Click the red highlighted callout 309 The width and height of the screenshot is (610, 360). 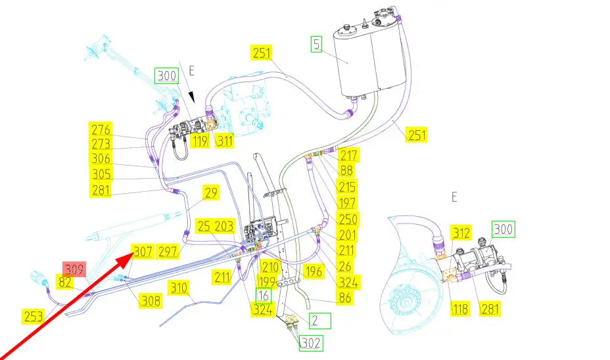tap(74, 268)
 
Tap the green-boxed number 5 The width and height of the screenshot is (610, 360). tap(317, 45)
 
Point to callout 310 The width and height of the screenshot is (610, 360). tap(179, 287)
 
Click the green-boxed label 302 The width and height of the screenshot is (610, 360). tap(312, 343)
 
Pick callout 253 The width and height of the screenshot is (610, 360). tap(34, 315)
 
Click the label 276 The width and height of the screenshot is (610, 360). tap(102, 129)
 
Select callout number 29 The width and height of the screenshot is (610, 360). tap(210, 193)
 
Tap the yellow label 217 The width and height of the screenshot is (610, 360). tap(349, 156)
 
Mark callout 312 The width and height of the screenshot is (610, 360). tap(461, 233)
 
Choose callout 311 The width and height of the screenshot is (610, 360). tap(224, 139)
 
